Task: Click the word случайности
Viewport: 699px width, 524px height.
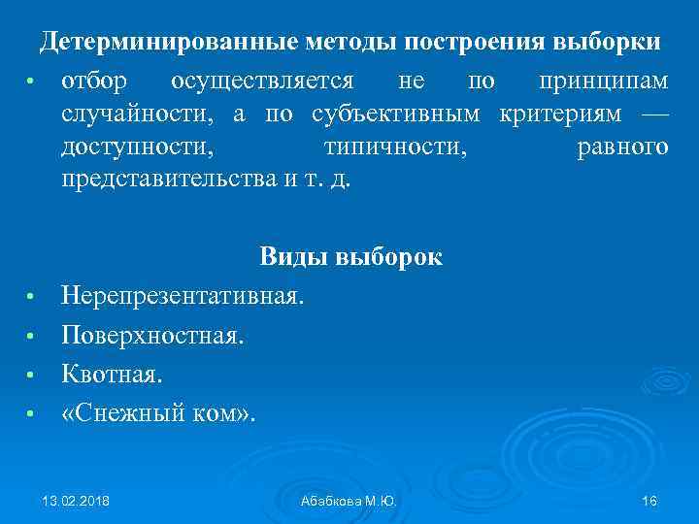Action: point(139,114)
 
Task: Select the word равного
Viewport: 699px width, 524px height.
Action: point(622,147)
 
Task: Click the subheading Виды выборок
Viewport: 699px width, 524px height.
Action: point(350,257)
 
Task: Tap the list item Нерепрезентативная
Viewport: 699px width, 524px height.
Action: point(183,295)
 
